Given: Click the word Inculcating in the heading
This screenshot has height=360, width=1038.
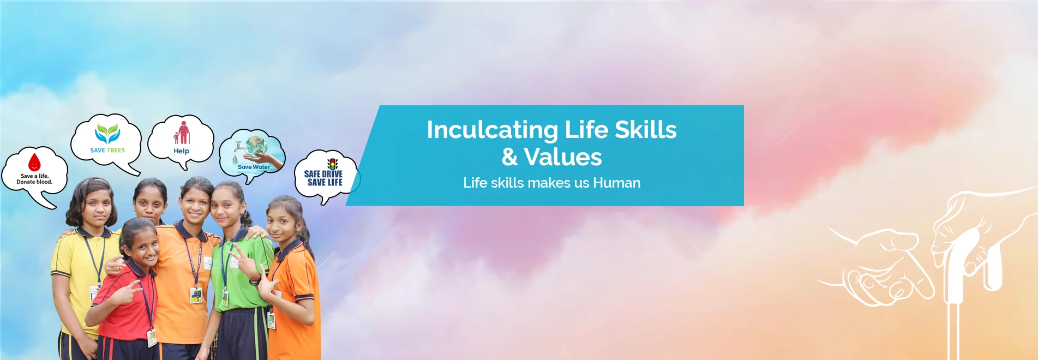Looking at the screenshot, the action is point(493,130).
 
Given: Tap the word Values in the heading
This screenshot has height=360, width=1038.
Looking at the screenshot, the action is point(563,158).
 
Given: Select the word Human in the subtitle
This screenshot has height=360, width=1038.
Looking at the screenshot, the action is point(616,183).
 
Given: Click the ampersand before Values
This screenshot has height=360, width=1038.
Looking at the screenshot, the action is point(510,158).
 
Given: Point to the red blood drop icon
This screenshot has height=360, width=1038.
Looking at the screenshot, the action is point(34,163).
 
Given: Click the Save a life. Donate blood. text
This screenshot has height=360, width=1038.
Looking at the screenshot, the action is point(34,179).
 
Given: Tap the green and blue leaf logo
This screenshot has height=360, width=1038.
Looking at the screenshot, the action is point(107,134).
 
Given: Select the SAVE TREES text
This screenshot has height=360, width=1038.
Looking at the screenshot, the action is point(107,151).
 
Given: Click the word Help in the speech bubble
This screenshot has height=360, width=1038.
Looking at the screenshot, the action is point(181,151).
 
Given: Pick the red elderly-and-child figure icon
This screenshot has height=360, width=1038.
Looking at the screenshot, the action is point(182,133).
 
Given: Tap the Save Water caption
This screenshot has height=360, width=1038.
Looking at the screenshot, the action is point(254,167).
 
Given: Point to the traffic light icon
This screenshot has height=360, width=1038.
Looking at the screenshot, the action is point(332,164).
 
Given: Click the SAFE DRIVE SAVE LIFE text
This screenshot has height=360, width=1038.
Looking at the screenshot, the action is point(323,178).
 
